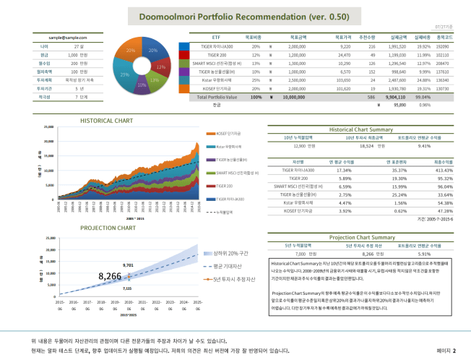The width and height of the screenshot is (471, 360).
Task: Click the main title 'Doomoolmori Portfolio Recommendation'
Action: (x=235, y=16)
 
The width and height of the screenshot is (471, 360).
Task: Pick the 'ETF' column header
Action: (x=216, y=36)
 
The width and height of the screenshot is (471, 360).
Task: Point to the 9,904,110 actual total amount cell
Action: (x=394, y=95)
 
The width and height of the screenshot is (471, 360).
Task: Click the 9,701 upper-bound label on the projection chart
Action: (x=128, y=265)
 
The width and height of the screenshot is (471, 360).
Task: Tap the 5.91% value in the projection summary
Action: (x=424, y=254)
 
